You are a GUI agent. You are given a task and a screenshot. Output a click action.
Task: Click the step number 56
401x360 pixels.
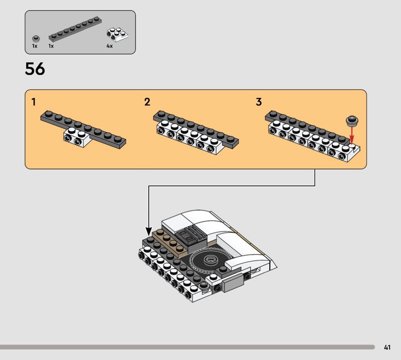coord(35,69)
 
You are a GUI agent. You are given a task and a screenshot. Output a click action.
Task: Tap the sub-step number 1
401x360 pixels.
coord(34,102)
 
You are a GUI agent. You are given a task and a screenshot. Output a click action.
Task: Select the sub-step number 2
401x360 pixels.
coord(147,102)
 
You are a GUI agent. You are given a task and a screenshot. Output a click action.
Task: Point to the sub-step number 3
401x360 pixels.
coord(259,102)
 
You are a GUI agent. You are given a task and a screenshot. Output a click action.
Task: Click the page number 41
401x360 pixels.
coord(387,347)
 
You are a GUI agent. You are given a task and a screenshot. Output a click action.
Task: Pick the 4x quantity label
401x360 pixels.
coord(109,46)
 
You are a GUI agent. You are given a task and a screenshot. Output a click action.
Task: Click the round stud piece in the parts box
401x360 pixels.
coord(36,39)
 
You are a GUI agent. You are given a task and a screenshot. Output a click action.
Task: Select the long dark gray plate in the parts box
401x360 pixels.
coord(75,29)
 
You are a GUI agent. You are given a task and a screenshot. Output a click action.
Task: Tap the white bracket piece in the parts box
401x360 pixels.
coord(117,34)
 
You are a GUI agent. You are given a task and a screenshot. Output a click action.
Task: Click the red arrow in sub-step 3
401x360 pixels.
coord(352,135)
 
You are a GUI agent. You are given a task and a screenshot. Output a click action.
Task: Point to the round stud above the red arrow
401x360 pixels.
coord(352,121)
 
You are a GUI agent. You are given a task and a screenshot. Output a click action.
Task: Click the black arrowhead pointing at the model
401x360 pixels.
coord(148,232)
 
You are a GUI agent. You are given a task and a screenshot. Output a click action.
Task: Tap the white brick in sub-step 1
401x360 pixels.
coord(77,137)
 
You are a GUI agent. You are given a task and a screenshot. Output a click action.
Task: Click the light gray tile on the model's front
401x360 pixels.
coord(233,283)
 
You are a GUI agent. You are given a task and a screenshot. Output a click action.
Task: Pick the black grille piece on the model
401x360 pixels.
coord(189,235)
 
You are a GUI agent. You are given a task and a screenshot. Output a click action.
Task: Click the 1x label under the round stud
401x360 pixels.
coord(35,46)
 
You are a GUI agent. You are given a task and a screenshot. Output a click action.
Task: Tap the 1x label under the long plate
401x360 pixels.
coord(51,46)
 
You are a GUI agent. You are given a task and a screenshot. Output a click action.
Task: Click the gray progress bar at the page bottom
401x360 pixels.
coord(187,347)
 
